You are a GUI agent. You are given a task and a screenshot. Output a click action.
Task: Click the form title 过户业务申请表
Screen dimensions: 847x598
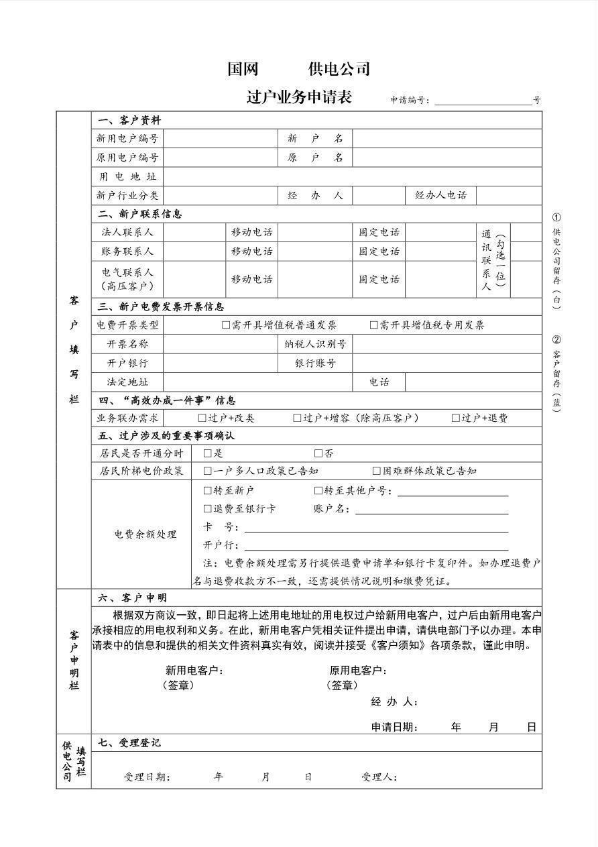tap(299, 97)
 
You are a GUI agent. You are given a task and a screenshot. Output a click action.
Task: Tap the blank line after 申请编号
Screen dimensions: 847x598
tap(483, 101)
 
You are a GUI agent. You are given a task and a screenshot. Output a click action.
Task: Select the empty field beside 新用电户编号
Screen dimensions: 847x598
tap(221, 139)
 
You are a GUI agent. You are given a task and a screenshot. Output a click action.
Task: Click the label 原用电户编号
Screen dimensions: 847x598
tap(127, 158)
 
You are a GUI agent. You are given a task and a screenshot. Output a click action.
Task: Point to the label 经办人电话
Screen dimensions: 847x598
tap(440, 196)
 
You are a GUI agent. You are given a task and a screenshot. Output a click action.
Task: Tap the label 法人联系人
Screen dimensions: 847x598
tap(127, 233)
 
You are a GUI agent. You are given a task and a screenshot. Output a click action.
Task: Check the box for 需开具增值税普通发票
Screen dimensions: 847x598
tap(226, 325)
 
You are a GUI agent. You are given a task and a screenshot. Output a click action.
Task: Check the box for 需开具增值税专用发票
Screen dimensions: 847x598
tap(374, 325)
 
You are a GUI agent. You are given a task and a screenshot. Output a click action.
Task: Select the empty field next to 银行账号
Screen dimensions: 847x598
tap(446, 363)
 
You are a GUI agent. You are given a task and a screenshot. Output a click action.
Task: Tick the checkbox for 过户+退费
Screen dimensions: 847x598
tap(455, 418)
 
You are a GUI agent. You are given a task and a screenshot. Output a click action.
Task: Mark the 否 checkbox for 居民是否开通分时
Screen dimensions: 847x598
tap(318, 454)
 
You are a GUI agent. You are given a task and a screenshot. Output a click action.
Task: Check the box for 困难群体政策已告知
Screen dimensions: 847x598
tap(376, 471)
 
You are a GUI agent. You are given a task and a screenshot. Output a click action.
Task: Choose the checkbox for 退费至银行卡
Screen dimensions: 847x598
tap(207, 509)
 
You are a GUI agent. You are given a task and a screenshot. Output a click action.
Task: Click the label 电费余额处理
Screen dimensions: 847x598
tap(145, 534)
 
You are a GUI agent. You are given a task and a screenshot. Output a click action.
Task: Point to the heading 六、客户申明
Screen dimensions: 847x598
tap(132, 598)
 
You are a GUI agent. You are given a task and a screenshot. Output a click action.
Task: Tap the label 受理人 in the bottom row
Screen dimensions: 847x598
tap(379, 777)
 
